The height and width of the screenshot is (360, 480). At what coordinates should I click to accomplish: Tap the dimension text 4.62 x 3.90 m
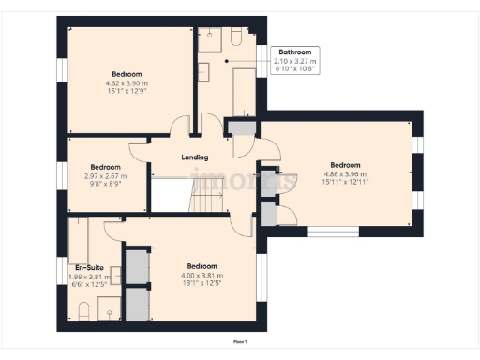click(127, 83)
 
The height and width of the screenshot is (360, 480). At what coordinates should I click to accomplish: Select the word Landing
click(194, 157)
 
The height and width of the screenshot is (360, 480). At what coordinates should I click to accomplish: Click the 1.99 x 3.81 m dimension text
click(90, 277)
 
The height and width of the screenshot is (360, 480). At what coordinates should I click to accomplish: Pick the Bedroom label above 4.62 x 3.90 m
click(127, 74)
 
